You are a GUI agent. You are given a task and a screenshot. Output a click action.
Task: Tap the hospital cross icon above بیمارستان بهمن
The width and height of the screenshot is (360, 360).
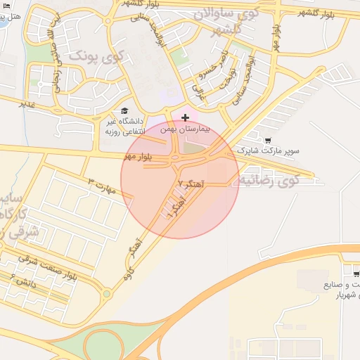click(x=185, y=117)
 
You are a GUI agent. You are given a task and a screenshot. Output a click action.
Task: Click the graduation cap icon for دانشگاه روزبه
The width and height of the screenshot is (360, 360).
click(x=124, y=111)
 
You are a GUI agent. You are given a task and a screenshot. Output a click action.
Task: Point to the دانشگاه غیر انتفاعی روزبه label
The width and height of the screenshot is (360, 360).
click(x=130, y=127)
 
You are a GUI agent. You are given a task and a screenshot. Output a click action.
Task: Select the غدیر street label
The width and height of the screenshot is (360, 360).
click(x=27, y=104)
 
